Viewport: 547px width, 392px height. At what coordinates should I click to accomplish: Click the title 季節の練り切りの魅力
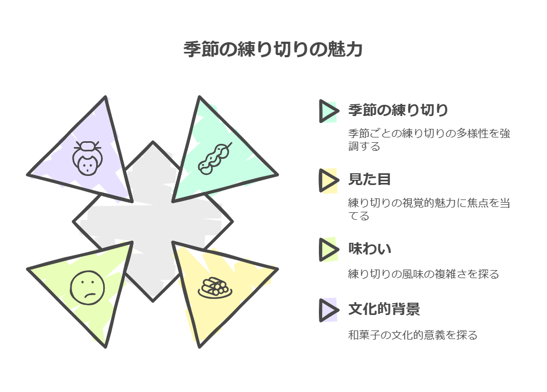[x=273, y=50]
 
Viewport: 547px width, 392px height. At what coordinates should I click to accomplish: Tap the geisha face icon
[x=86, y=158]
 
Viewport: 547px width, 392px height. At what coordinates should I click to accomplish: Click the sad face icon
[x=86, y=288]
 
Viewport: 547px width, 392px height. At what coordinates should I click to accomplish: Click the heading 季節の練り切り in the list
[x=397, y=111]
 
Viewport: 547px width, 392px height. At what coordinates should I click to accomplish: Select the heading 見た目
[x=369, y=180]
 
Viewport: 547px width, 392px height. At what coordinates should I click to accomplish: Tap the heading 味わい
[x=369, y=249]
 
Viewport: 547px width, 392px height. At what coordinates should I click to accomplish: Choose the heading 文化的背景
[x=384, y=309]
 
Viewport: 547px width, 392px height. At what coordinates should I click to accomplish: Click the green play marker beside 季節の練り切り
[x=328, y=111]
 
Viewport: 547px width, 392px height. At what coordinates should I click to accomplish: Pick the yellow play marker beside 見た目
[x=328, y=180]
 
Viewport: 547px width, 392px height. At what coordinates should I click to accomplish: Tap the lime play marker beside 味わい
[x=328, y=249]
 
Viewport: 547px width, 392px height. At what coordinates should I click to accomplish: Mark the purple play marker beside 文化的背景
[x=328, y=310]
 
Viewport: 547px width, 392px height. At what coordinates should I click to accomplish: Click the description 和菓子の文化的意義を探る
[x=412, y=335]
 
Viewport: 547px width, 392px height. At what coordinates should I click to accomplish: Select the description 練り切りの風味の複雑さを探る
[x=423, y=274]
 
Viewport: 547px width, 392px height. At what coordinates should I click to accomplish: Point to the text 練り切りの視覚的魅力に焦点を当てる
[x=428, y=209]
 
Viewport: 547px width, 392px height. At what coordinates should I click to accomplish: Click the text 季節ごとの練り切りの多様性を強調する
[x=428, y=140]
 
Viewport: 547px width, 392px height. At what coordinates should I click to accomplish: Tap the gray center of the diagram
[x=153, y=221]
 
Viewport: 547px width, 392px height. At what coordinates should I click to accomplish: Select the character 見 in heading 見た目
[x=355, y=180]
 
